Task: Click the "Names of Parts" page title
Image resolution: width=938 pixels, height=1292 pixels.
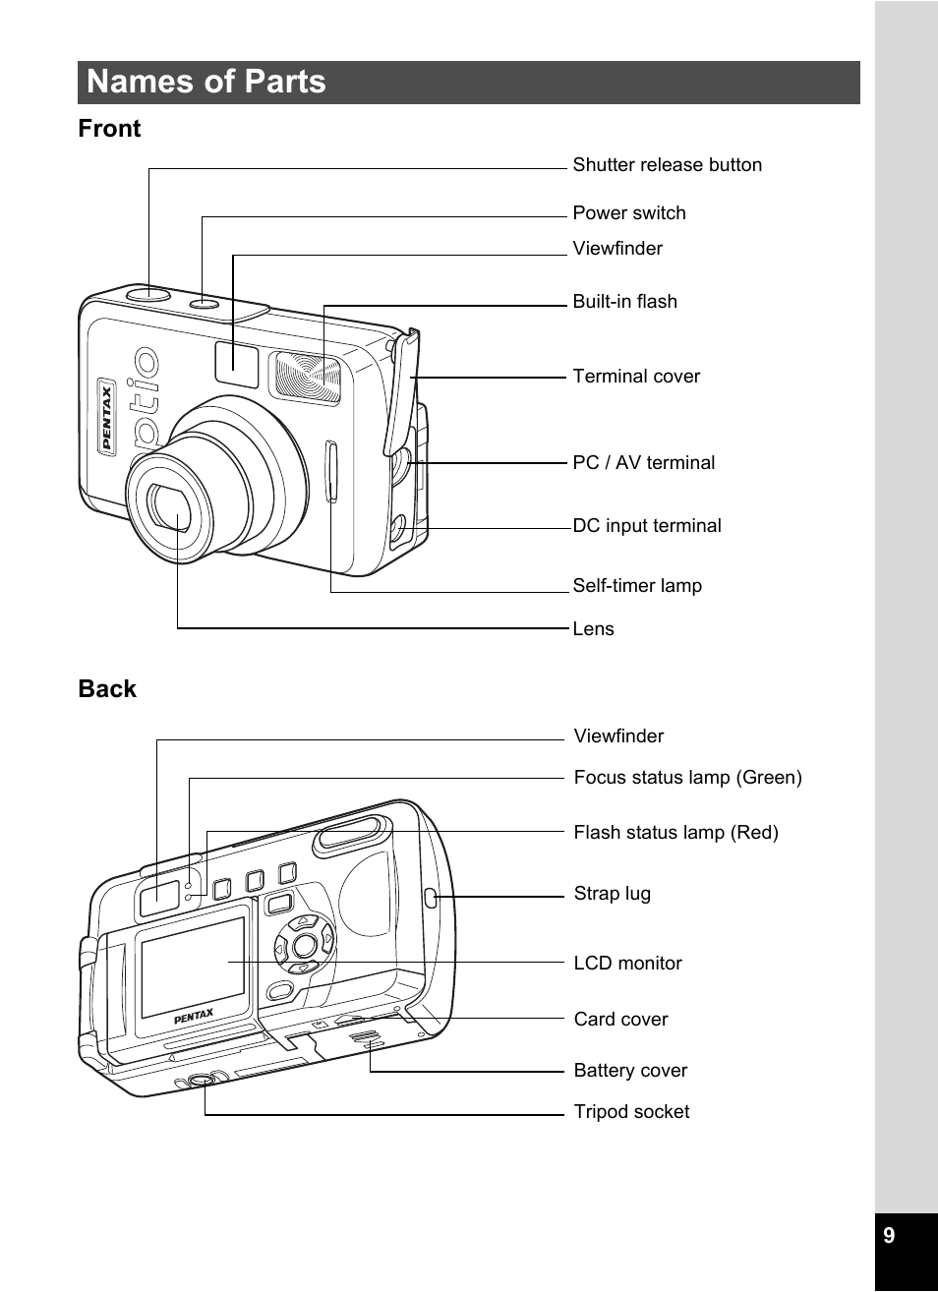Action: (x=205, y=82)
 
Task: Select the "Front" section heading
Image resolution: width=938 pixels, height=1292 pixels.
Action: (x=109, y=129)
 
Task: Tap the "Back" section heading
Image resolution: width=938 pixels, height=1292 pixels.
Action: (x=107, y=688)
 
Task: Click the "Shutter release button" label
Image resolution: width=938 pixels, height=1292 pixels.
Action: (x=667, y=165)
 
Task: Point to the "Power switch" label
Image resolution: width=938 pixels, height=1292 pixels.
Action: (x=629, y=212)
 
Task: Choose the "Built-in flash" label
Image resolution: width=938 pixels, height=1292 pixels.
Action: (x=624, y=301)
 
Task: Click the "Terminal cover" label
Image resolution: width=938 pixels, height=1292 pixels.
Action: (x=636, y=376)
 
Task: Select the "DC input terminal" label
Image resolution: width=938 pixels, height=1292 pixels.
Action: (x=647, y=525)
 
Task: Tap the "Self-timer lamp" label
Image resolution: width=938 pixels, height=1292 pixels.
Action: (x=637, y=585)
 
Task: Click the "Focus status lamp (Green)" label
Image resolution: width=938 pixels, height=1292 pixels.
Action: (x=687, y=777)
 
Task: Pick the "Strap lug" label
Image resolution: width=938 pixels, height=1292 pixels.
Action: (x=613, y=893)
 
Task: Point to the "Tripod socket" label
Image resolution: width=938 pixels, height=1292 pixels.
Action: (x=631, y=1111)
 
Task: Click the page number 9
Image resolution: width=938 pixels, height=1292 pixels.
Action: (x=889, y=1235)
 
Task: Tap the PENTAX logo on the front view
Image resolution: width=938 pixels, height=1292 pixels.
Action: (x=107, y=417)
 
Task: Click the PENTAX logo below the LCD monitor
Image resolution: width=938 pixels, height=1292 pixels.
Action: (x=194, y=1016)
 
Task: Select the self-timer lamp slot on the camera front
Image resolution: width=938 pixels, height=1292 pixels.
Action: (x=331, y=472)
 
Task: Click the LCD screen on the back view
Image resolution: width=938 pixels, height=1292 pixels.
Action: (x=193, y=968)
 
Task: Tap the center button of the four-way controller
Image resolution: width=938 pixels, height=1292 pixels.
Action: (x=304, y=945)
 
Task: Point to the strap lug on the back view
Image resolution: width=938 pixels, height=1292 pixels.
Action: (x=431, y=898)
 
